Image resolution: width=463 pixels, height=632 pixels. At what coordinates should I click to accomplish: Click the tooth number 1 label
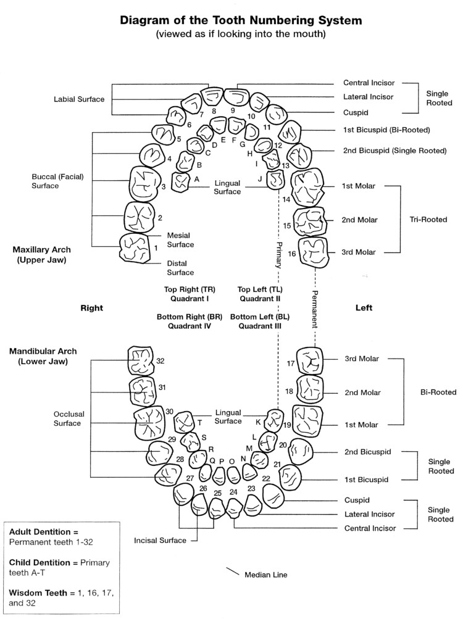tap(156, 247)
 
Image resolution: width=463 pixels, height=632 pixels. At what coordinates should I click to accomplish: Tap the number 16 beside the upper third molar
tap(292, 254)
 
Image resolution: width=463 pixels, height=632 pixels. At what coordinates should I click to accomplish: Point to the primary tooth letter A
tap(196, 178)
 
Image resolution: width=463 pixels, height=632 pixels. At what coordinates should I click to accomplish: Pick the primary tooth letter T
tap(199, 423)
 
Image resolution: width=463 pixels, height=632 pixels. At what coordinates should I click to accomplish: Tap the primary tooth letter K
tap(258, 422)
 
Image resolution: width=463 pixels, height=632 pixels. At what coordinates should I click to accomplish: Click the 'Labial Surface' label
tap(79, 99)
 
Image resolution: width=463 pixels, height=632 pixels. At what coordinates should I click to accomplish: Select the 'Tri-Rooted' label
tap(428, 219)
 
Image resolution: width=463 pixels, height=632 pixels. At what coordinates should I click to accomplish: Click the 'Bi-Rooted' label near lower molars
tap(438, 392)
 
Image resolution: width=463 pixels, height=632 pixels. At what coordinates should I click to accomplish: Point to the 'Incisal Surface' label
tap(160, 541)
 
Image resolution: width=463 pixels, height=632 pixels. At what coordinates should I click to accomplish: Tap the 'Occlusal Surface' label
tap(67, 418)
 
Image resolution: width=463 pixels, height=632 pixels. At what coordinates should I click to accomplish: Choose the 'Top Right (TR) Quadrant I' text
tap(190, 294)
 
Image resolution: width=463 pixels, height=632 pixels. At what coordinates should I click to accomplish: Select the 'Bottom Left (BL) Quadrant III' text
tap(259, 321)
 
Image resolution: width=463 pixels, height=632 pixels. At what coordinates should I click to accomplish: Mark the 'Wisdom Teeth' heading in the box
tap(35, 592)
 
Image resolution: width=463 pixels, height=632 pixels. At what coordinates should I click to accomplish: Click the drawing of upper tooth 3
tap(146, 183)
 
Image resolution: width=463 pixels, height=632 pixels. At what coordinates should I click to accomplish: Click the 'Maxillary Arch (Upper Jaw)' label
tap(41, 254)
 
